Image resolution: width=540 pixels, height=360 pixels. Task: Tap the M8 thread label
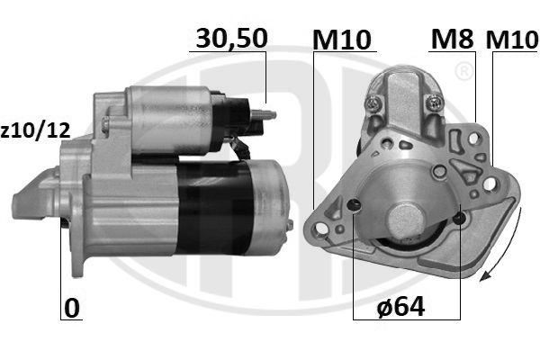point(451,39)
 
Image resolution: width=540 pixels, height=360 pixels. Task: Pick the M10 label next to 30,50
point(342,39)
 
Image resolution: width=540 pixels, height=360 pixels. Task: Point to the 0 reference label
point(72,308)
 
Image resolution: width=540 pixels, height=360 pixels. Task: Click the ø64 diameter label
point(401,308)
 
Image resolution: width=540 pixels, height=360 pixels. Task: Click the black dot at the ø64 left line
point(355,206)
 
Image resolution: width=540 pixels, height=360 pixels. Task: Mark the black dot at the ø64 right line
point(460,216)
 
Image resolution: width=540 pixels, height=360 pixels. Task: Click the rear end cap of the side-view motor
point(271,202)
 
